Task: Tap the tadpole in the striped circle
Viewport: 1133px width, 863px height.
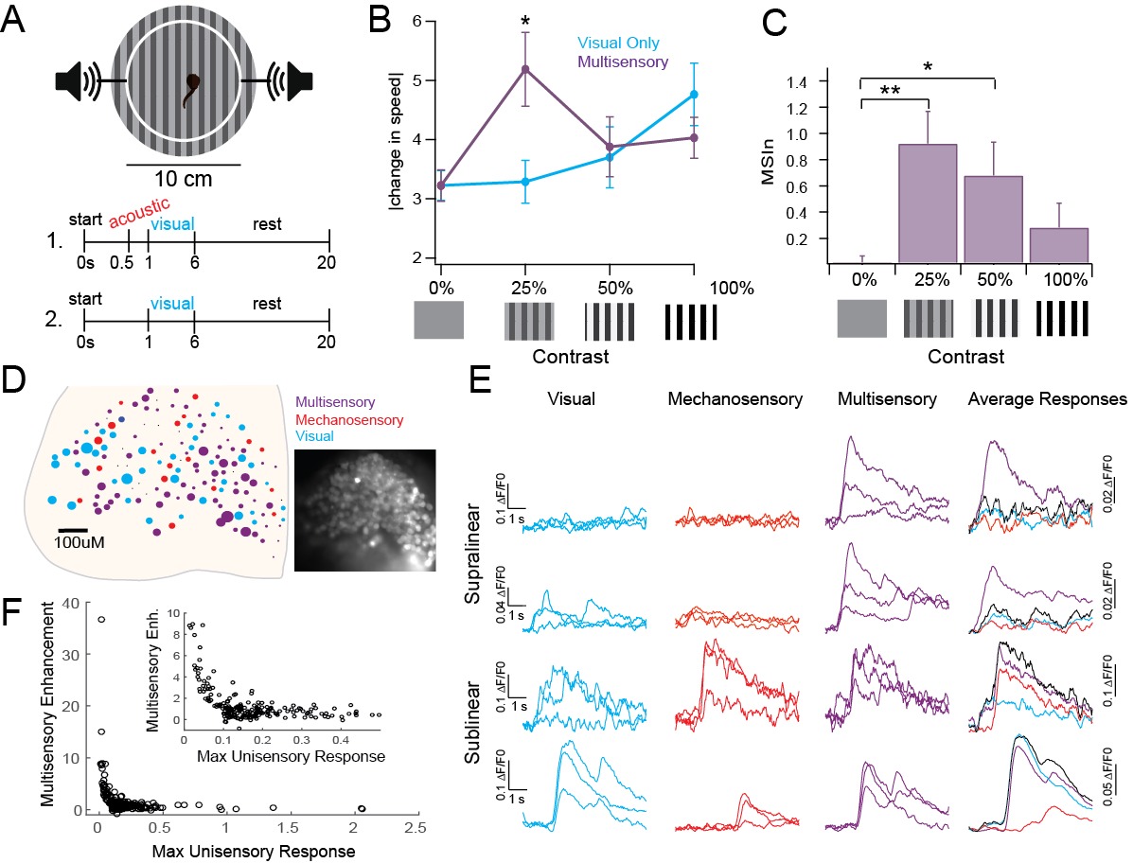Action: [x=193, y=86]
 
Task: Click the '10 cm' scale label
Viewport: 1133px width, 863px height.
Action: [x=183, y=178]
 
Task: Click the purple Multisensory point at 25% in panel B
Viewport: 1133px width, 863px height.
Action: [x=525, y=69]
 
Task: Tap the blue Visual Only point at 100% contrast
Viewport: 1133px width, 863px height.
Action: [x=694, y=95]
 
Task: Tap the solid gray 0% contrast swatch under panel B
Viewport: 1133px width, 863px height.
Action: [x=439, y=320]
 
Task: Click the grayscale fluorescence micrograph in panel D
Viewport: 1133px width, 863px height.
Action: [x=364, y=510]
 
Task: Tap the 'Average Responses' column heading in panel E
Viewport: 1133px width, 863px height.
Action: [x=1047, y=399]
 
